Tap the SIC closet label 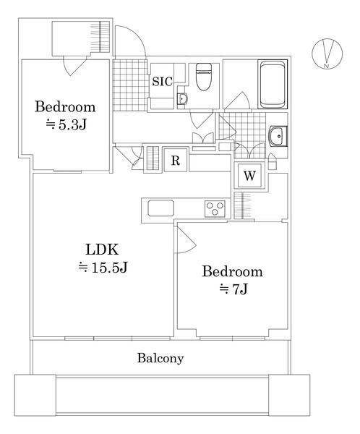(x=161, y=82)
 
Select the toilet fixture (x=203, y=75)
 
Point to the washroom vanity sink (x=278, y=135)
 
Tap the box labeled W (x=249, y=175)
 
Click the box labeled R (x=175, y=161)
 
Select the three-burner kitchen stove (x=215, y=208)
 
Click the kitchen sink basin (x=160, y=208)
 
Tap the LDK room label (x=98, y=250)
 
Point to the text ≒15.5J (x=103, y=268)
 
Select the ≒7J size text (x=233, y=290)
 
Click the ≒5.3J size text (x=66, y=124)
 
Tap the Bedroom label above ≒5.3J (x=66, y=106)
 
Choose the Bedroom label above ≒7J (x=231, y=272)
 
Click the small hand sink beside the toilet (x=182, y=98)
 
